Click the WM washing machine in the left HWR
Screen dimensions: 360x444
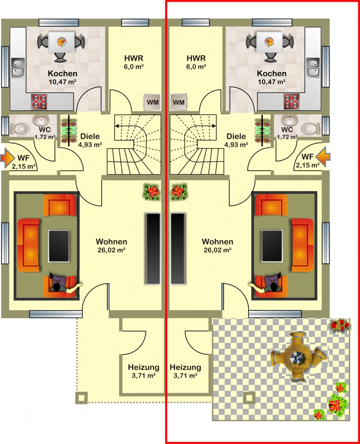point(152,102)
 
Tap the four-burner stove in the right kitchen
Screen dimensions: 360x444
point(292,102)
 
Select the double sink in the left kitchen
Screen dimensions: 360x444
point(18,68)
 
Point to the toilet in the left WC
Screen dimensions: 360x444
point(20,129)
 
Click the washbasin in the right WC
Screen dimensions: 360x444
point(290,120)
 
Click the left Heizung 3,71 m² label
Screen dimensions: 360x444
point(144,371)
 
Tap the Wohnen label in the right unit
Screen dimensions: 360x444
point(218,241)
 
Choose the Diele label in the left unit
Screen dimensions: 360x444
point(90,136)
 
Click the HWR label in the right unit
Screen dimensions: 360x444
point(196,58)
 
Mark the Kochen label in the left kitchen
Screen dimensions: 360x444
point(63,74)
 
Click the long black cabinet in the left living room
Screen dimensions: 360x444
point(153,249)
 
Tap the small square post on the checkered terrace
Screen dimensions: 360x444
point(250,398)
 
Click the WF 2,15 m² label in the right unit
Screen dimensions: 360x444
point(308,161)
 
